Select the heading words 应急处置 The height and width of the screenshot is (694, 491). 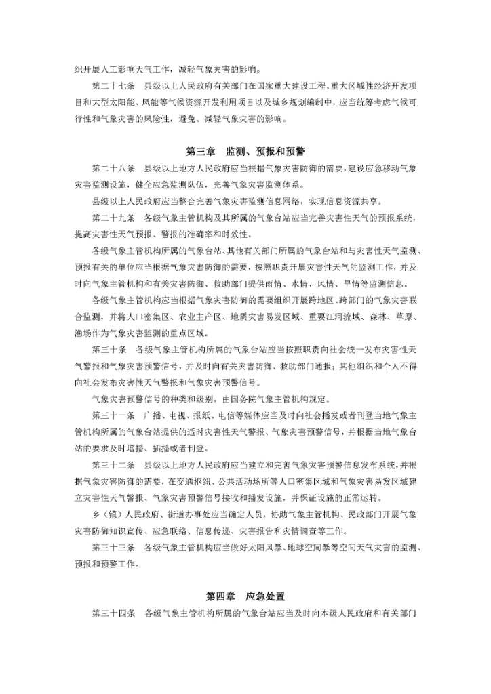tap(266, 596)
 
